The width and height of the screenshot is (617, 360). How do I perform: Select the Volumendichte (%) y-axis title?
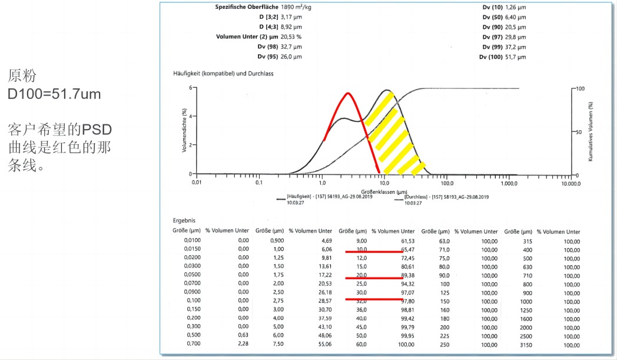[x=184, y=130]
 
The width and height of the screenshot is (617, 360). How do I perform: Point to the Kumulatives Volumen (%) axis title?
[x=591, y=131]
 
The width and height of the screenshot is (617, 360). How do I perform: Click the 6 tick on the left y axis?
[x=190, y=88]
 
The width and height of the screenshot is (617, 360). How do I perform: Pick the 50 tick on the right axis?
[x=578, y=132]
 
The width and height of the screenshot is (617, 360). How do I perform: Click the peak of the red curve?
[x=348, y=93]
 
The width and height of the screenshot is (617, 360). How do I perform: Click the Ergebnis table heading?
[x=184, y=220]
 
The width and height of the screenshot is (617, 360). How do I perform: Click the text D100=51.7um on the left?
[x=54, y=94]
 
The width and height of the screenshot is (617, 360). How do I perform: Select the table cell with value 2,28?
[x=243, y=344]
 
